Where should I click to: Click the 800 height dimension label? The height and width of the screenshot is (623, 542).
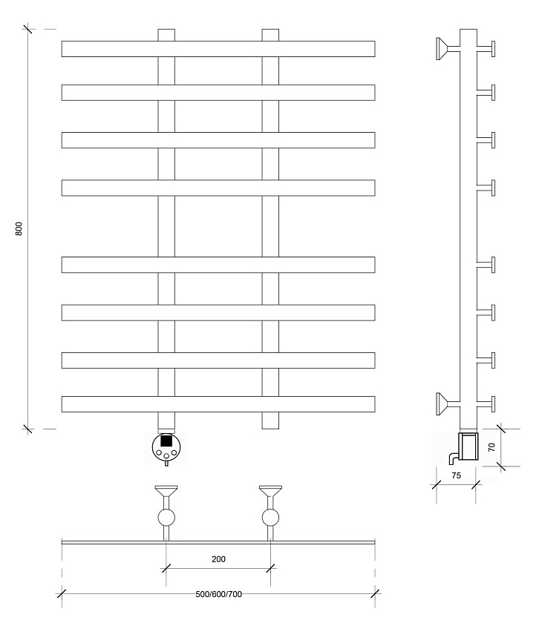coord(19,228)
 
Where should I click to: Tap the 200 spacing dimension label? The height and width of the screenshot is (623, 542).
coord(218,559)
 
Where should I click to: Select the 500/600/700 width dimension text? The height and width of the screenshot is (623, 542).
coord(218,594)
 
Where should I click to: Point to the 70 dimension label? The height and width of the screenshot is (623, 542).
coord(492,447)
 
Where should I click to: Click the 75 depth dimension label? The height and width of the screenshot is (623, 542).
coord(456,475)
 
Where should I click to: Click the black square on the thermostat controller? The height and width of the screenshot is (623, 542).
coord(166,441)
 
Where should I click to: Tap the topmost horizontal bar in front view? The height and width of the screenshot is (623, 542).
coord(218,49)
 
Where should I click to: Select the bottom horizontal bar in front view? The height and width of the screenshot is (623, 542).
coord(218,404)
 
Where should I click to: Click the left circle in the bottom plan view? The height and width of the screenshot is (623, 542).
coord(166,518)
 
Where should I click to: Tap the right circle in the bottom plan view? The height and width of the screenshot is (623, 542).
coord(270,518)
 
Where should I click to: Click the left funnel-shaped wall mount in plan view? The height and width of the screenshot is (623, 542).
coord(166,492)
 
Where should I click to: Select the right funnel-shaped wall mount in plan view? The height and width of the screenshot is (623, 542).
coord(270,492)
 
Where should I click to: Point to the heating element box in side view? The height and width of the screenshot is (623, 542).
coord(468,446)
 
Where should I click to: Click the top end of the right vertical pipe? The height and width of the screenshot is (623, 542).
coord(270,30)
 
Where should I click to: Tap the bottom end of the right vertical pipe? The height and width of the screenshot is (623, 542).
coord(270,429)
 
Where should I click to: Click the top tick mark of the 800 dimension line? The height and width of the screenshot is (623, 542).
coord(27,29)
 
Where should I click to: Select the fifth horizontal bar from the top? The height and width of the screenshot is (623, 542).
coord(218,265)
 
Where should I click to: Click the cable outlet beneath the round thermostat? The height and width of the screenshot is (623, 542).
coord(166,463)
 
